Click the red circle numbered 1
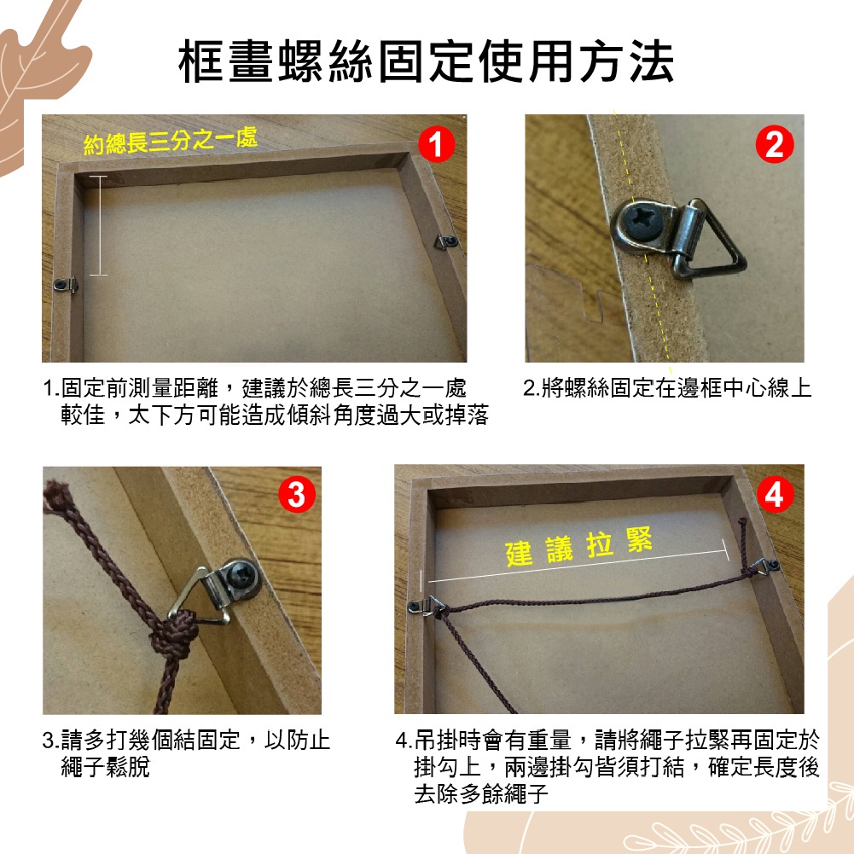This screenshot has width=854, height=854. [436, 144]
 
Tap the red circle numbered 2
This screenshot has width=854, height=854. [775, 144]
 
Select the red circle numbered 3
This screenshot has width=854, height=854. [297, 495]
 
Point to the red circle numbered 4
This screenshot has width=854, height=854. [775, 495]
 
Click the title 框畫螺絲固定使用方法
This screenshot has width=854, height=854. [427, 61]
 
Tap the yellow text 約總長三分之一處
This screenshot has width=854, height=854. [171, 141]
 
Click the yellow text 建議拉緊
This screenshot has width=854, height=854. [579, 547]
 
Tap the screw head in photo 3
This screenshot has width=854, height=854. [241, 577]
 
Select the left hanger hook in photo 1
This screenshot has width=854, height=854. [66, 284]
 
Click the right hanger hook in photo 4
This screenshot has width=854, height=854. [762, 566]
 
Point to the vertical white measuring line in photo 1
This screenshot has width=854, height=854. [99, 225]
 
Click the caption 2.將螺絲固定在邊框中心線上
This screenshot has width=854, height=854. [667, 388]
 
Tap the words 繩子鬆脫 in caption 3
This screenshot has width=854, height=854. [105, 767]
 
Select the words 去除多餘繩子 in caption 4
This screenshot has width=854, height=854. [481, 793]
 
